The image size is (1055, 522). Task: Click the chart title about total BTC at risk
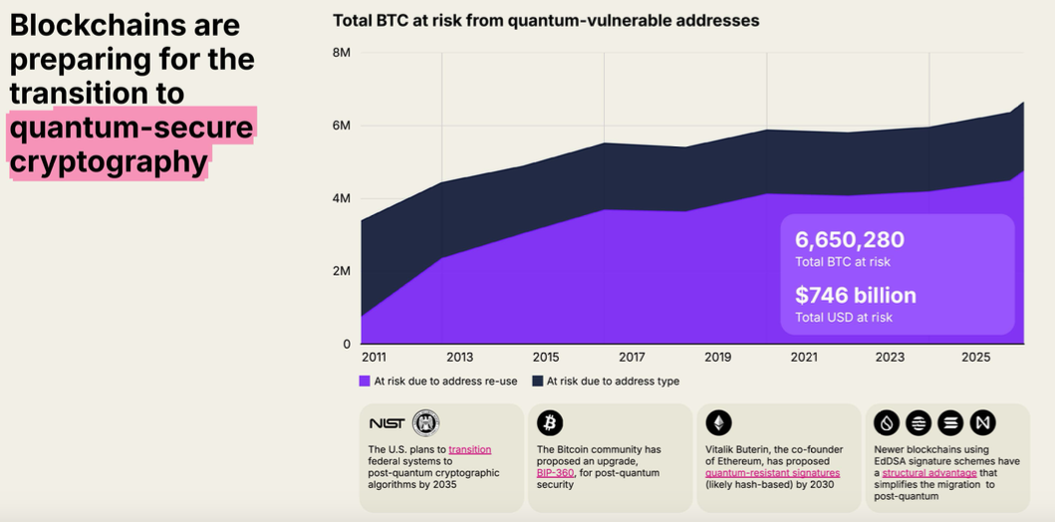pos(546,20)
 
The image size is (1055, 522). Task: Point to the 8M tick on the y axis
pos(341,52)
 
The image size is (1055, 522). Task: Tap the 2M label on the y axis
pos(341,271)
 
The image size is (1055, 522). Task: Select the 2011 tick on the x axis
pos(374,357)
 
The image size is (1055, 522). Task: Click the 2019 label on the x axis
pos(717,357)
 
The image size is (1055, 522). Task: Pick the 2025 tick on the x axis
pos(975,357)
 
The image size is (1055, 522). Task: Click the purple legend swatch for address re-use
pos(365,381)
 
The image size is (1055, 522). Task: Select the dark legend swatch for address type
pos(538,381)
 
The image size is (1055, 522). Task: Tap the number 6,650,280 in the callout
pos(850,239)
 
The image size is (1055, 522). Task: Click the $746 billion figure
pos(855,295)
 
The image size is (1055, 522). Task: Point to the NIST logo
pos(387,423)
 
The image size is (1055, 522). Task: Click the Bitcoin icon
pos(550,423)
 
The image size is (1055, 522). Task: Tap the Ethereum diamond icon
pos(718,423)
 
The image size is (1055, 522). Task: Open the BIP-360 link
pos(555,472)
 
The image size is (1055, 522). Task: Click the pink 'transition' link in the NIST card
pos(469,449)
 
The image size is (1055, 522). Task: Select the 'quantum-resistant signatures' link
pos(772,472)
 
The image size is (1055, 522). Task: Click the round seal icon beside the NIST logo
pos(425,423)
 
